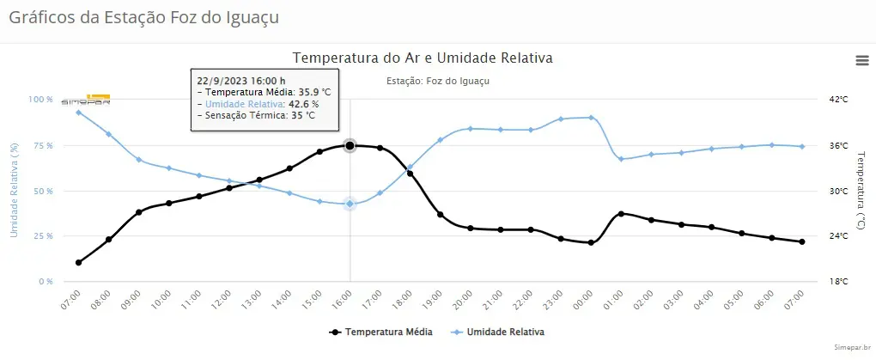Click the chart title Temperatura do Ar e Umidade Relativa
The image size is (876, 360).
pos(422,58)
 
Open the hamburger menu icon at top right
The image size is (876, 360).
pos(861,59)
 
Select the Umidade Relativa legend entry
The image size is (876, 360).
pos(499,331)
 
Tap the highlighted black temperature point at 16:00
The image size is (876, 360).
pos(350,145)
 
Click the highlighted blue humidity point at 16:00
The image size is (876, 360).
pos(350,204)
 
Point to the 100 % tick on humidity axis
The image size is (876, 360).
pos(40,100)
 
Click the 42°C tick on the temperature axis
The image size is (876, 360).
pos(838,100)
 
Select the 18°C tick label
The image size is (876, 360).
pos(838,281)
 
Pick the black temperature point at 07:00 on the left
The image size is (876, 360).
pos(78,262)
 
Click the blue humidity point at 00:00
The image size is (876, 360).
pos(592,118)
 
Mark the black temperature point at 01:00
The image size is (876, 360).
pos(621,213)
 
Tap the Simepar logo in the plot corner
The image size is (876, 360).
pos(86,101)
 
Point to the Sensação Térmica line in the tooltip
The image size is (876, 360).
pos(256,115)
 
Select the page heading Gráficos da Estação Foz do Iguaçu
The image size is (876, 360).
pos(143,16)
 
